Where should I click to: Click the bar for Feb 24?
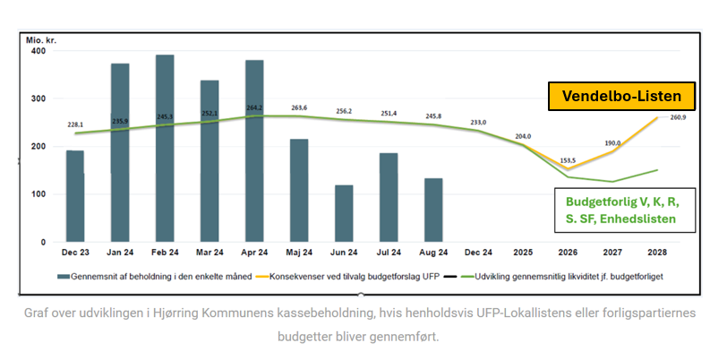165,149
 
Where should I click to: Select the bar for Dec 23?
75,196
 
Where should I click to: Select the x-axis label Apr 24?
254,254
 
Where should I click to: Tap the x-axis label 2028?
658,254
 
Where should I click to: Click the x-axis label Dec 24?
478,254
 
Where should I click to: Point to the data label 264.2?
254,108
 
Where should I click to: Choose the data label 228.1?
75,125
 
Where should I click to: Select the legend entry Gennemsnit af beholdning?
143,277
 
